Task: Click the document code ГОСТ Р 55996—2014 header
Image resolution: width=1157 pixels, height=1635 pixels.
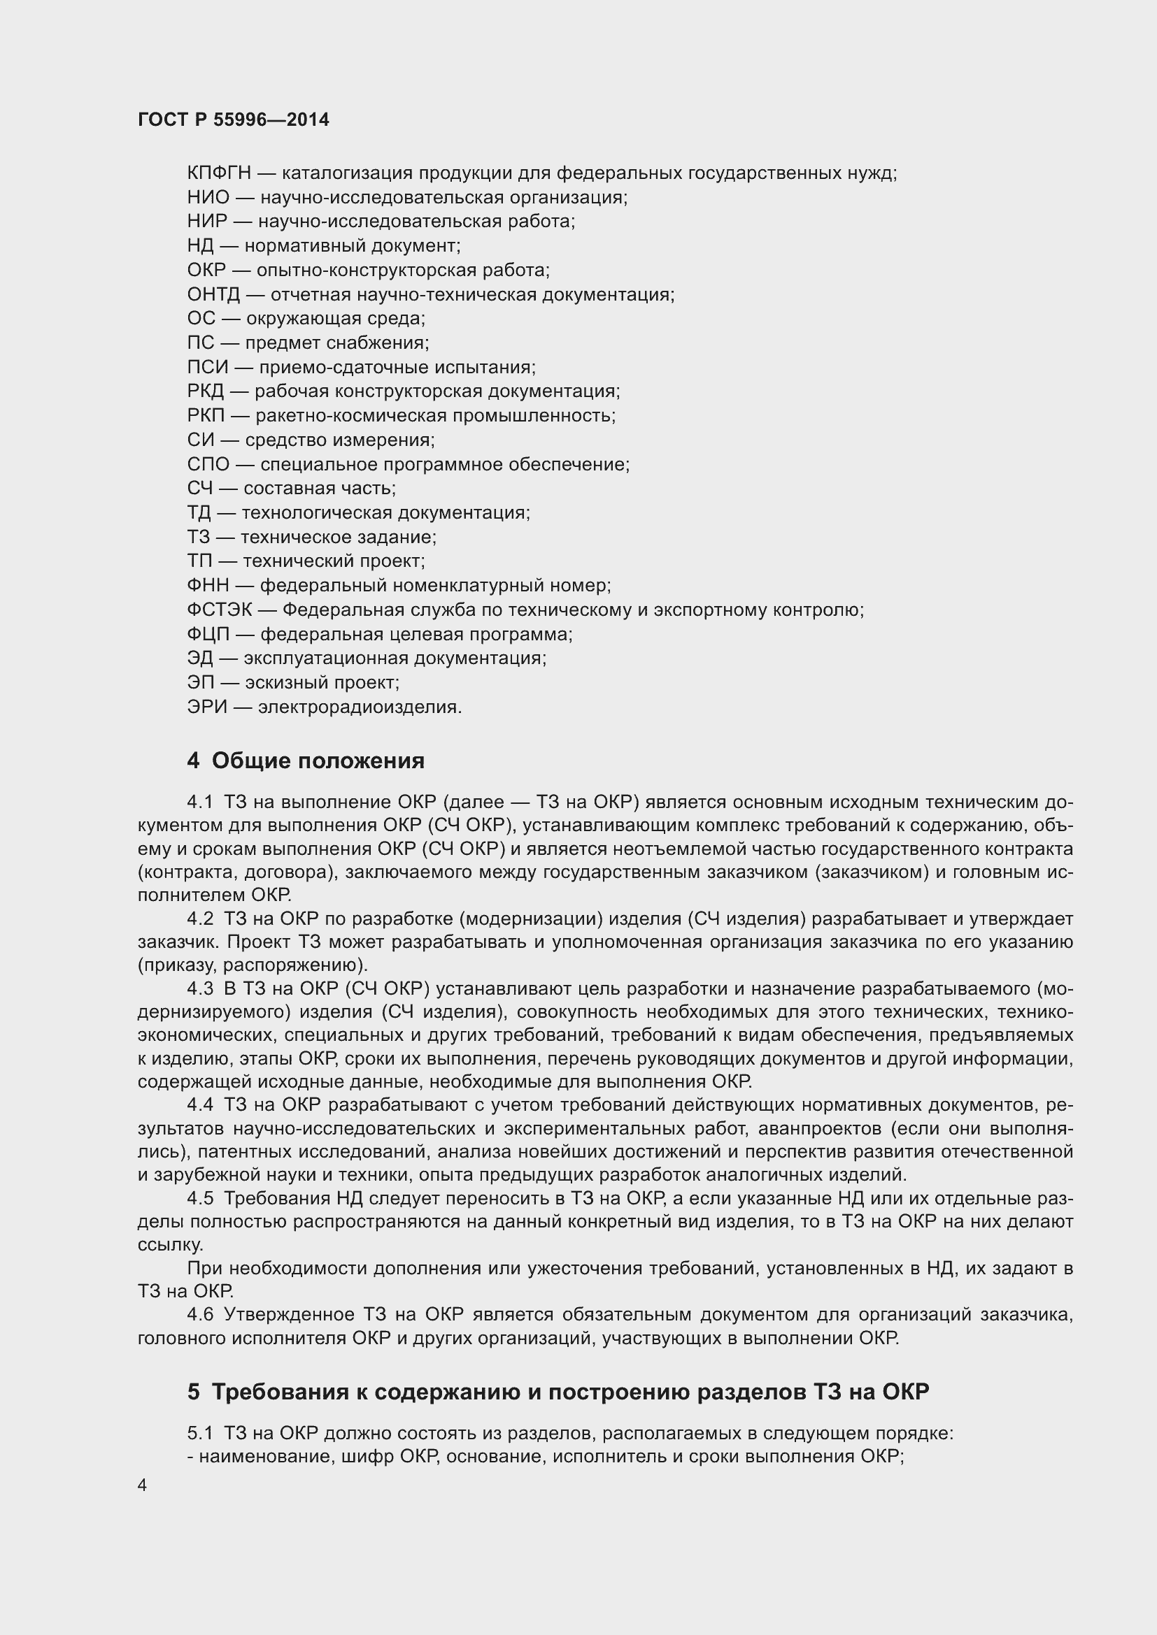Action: [234, 120]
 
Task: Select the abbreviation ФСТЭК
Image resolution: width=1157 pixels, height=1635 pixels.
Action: [219, 610]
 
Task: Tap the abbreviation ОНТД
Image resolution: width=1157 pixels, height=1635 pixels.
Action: [214, 294]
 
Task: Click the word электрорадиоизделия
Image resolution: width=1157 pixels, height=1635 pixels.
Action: [360, 707]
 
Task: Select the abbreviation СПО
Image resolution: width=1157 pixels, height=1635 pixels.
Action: [208, 464]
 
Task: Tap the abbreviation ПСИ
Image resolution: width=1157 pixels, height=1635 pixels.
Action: [208, 368]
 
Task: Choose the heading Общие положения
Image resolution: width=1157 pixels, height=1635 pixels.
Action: [318, 761]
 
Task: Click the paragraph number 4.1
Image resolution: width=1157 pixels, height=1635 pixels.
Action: [200, 802]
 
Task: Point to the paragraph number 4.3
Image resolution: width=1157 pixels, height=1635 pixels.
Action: [200, 989]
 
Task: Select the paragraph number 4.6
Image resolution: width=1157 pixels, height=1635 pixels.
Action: [200, 1315]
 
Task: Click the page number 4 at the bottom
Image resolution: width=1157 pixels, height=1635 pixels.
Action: [143, 1486]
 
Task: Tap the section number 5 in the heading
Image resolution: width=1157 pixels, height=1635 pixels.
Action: [193, 1392]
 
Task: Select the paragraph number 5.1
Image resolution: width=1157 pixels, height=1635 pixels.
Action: [200, 1434]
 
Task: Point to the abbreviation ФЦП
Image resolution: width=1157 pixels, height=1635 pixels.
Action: [208, 634]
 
